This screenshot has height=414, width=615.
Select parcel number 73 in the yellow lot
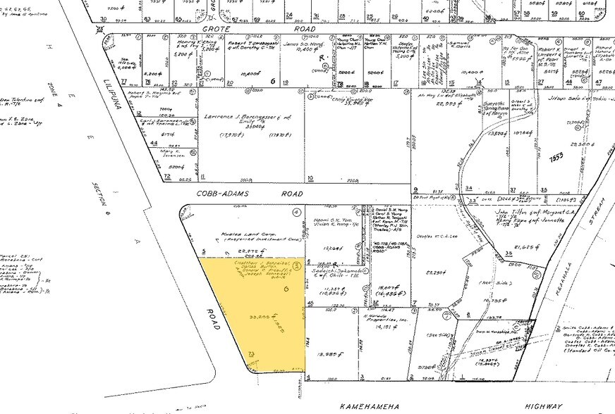tap(250, 351)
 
